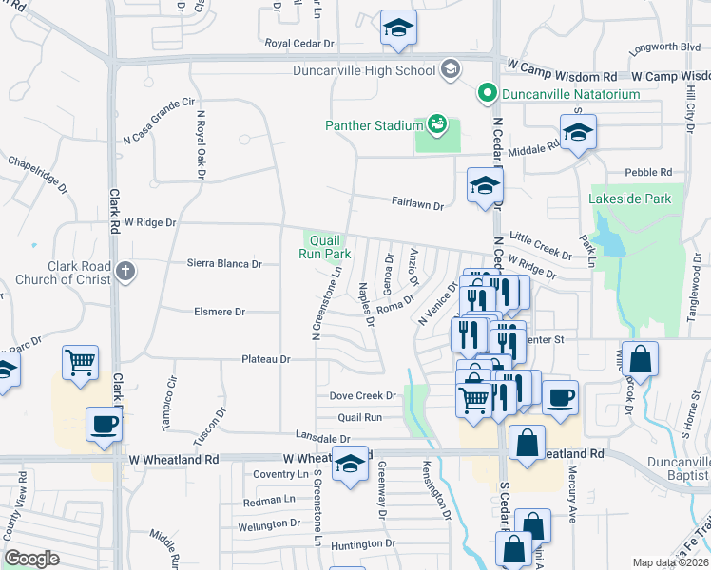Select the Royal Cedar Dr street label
point(301,44)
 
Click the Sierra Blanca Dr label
point(223,264)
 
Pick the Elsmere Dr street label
point(220,312)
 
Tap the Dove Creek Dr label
point(362,395)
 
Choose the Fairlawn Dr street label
point(419,200)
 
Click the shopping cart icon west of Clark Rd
point(80,362)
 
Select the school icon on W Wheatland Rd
point(350,464)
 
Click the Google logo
point(31,559)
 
